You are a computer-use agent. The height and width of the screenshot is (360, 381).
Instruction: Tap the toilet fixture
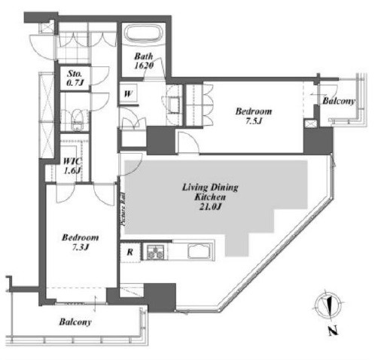[x=77, y=121]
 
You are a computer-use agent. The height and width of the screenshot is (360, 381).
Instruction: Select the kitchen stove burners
[x=155, y=252]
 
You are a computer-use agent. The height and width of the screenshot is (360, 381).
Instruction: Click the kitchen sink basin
[x=200, y=251]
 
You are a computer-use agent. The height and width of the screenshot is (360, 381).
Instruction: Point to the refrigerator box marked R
[x=130, y=252]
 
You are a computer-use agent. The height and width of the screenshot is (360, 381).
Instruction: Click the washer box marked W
[x=128, y=94]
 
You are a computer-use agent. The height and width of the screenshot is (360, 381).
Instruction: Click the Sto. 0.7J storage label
[x=75, y=78]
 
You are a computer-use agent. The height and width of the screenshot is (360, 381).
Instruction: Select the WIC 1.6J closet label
[x=72, y=166]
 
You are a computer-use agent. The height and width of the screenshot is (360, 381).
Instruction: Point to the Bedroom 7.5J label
[x=254, y=116]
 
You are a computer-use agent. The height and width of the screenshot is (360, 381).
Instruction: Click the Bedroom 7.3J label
[x=80, y=243]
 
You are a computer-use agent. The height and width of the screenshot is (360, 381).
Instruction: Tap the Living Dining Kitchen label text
[x=210, y=192]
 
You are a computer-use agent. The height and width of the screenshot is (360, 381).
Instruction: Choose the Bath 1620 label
[x=144, y=60]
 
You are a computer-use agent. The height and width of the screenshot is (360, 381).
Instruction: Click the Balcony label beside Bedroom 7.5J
[x=339, y=101]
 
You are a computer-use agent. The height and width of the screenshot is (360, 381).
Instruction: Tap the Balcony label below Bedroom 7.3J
[x=75, y=322]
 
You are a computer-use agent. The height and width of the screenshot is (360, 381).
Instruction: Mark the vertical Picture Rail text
[x=123, y=210]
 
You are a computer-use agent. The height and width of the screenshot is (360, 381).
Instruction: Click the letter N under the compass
[x=333, y=331]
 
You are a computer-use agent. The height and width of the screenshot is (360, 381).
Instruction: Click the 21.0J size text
[x=210, y=207]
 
